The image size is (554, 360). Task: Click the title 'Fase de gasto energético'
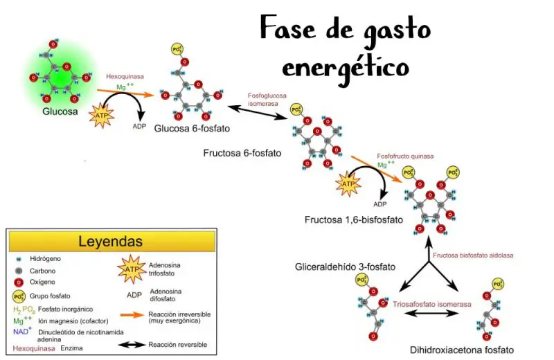344,47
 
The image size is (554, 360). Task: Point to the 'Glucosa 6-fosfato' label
192,128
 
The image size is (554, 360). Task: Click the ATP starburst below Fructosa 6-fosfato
348,184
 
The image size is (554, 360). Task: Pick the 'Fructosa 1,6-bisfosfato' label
354,219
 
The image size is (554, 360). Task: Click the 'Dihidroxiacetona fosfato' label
462,350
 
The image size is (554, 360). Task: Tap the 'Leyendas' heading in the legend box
110,242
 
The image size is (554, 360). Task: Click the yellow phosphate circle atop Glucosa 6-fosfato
177,51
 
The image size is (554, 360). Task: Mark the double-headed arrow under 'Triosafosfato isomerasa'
430,314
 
